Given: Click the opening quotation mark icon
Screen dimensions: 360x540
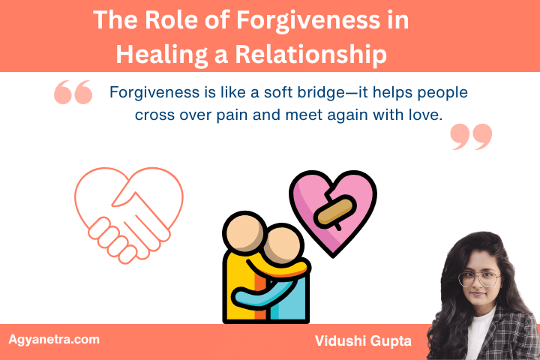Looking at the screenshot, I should click(x=73, y=93).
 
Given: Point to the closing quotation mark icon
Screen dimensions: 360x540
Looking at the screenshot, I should click(x=472, y=137).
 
